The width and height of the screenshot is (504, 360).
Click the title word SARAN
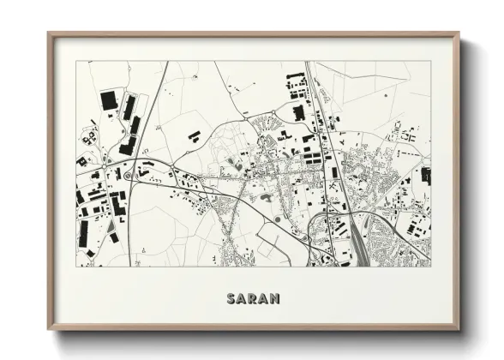[253, 299]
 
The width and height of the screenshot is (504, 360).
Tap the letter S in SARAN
[231, 299]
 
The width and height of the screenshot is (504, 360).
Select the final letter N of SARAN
[274, 299]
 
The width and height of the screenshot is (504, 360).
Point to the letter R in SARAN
[253, 299]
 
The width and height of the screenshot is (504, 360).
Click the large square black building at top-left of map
[109, 100]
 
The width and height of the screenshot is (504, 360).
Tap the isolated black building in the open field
[195, 135]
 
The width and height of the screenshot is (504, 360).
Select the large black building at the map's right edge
[425, 175]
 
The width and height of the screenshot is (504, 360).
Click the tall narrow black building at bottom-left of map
[84, 232]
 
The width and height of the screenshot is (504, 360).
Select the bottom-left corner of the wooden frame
[49, 328]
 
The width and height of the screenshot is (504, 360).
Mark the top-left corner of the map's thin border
[76, 62]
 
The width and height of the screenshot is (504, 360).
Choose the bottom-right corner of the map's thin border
[431, 267]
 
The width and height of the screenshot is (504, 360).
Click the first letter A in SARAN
[242, 299]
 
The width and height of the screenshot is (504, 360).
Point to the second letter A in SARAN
[263, 299]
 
